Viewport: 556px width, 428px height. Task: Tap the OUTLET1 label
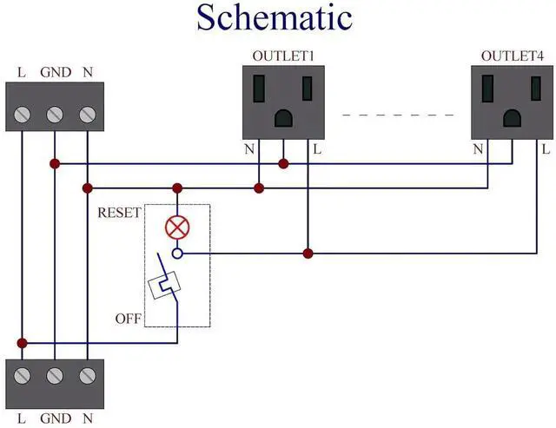click(282, 56)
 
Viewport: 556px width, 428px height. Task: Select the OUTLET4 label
click(513, 56)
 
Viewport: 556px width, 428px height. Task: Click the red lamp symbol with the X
click(177, 228)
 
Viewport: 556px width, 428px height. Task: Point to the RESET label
click(119, 213)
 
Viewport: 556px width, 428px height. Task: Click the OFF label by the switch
click(128, 319)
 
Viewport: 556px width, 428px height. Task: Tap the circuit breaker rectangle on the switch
click(165, 286)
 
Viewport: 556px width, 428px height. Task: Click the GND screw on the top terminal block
click(54, 114)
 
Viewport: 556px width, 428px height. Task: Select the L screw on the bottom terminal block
click(22, 376)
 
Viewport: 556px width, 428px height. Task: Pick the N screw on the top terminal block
click(87, 114)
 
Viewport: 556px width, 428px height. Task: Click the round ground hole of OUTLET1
click(283, 117)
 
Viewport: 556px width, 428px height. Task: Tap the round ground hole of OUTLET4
click(512, 117)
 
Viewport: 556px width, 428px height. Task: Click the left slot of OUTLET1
click(260, 89)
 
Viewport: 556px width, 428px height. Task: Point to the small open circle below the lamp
click(177, 254)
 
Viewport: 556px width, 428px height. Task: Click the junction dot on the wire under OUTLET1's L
click(307, 254)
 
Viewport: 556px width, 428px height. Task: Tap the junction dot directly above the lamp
click(177, 188)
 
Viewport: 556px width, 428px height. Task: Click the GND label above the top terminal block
click(54, 73)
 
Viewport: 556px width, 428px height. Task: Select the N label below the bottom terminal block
click(87, 418)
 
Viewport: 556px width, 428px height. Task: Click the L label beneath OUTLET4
click(545, 149)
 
